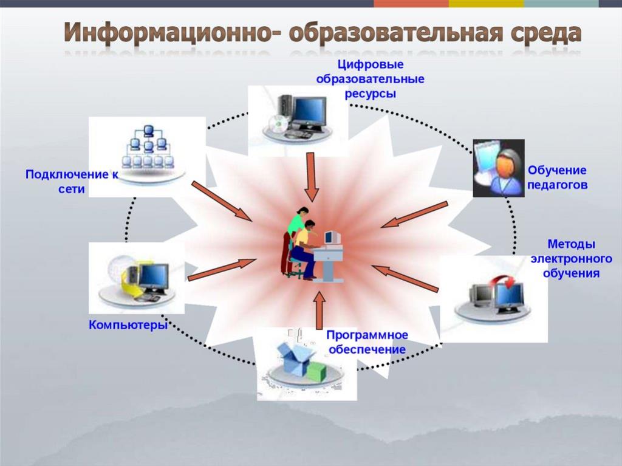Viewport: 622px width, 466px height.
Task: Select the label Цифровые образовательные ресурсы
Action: pyautogui.click(x=370, y=79)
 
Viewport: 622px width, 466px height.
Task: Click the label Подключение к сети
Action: pyautogui.click(x=72, y=182)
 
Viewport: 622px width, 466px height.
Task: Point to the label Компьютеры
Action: pyautogui.click(x=128, y=325)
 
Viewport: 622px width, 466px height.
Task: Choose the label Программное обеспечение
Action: pyautogui.click(x=367, y=342)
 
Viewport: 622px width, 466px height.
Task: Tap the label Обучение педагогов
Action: pyautogui.click(x=557, y=177)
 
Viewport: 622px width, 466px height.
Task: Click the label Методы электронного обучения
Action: pyautogui.click(x=571, y=258)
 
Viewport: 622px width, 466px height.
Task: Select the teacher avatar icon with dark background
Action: pyautogui.click(x=499, y=168)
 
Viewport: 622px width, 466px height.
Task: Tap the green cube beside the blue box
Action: pyautogui.click(x=317, y=372)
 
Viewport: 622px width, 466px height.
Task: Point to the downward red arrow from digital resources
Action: pyautogui.click(x=312, y=177)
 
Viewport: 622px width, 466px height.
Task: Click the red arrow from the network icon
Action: pyautogui.click(x=221, y=201)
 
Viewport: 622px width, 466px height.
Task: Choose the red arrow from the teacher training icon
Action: pyautogui.click(x=414, y=214)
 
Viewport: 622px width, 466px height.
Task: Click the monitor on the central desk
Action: pyautogui.click(x=332, y=238)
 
